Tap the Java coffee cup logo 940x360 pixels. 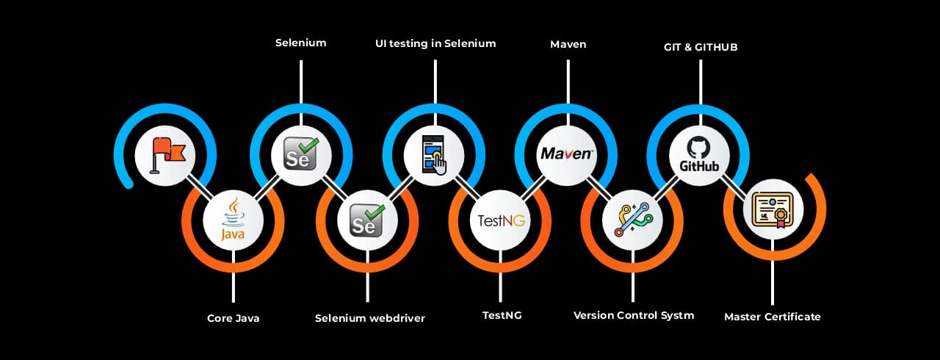tap(233, 219)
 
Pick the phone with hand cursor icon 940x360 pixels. tap(434, 155)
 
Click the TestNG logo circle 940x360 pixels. tap(500, 219)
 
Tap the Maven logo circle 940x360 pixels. tap(567, 155)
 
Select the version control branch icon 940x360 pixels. tap(632, 219)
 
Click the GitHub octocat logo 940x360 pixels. tap(699, 155)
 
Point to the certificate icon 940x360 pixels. tap(773, 210)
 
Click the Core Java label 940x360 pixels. tap(233, 319)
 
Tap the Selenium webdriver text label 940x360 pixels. tap(370, 319)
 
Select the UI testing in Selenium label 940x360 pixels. tap(435, 44)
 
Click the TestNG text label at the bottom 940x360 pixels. tap(502, 316)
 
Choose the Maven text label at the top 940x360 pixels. tap(568, 45)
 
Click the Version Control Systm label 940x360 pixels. tap(634, 316)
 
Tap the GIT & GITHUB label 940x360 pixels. tap(700, 47)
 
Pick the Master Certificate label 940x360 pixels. tap(772, 317)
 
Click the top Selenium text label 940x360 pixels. tap(300, 43)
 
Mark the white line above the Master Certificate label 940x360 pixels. tap(772, 282)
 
